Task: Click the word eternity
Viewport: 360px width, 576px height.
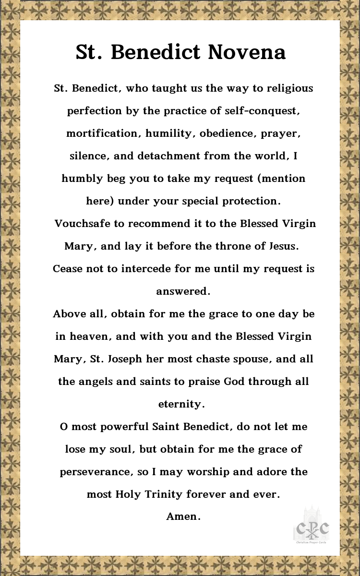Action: (181, 404)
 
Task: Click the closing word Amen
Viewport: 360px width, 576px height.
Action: (183, 516)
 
